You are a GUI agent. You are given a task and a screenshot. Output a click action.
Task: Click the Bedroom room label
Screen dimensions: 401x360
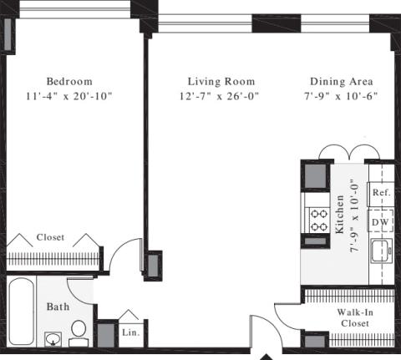click(69, 82)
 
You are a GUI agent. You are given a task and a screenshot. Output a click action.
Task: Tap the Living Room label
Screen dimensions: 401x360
click(221, 82)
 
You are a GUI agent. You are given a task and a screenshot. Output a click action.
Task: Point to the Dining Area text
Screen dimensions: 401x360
click(342, 82)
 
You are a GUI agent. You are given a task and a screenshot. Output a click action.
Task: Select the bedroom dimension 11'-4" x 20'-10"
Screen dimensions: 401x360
click(69, 96)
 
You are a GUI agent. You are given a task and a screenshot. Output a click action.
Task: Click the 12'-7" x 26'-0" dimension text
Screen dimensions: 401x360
click(219, 96)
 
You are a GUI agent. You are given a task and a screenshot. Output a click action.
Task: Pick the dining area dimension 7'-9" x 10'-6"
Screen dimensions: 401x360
click(341, 96)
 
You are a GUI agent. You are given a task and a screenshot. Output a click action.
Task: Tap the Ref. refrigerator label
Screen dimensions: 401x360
click(382, 192)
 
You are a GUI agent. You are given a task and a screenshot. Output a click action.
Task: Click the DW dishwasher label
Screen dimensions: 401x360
click(380, 222)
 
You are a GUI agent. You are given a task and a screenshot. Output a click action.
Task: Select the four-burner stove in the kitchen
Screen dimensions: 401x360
click(318, 221)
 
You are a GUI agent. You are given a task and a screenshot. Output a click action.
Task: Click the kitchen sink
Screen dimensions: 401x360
click(382, 251)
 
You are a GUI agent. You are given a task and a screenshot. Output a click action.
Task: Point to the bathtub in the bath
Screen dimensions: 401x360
click(22, 312)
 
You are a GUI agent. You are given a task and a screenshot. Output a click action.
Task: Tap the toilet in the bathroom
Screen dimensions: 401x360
click(79, 333)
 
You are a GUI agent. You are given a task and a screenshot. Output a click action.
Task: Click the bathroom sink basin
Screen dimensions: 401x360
click(53, 339)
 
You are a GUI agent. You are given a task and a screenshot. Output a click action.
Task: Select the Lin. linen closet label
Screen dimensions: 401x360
click(131, 332)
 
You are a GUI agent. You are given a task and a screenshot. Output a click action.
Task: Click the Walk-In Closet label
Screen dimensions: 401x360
click(355, 317)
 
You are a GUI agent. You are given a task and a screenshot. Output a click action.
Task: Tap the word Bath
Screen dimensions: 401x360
click(58, 307)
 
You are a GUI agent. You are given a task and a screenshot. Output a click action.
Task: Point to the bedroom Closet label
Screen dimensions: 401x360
click(50, 237)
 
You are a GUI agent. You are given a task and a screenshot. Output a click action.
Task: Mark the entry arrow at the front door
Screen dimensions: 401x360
click(266, 357)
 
